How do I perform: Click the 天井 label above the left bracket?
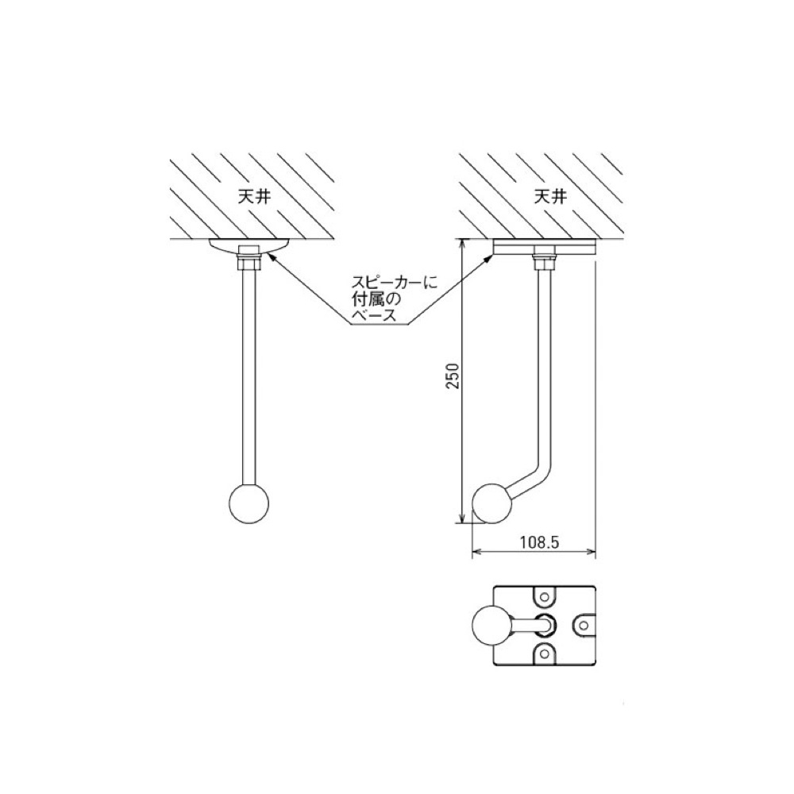254,197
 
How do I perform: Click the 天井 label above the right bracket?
550,197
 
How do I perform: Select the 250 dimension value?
453,376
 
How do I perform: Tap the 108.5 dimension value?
539,543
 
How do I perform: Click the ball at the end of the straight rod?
249,503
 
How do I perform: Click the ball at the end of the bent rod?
492,503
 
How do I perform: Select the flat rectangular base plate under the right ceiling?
545,247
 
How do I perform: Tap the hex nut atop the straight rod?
249,264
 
